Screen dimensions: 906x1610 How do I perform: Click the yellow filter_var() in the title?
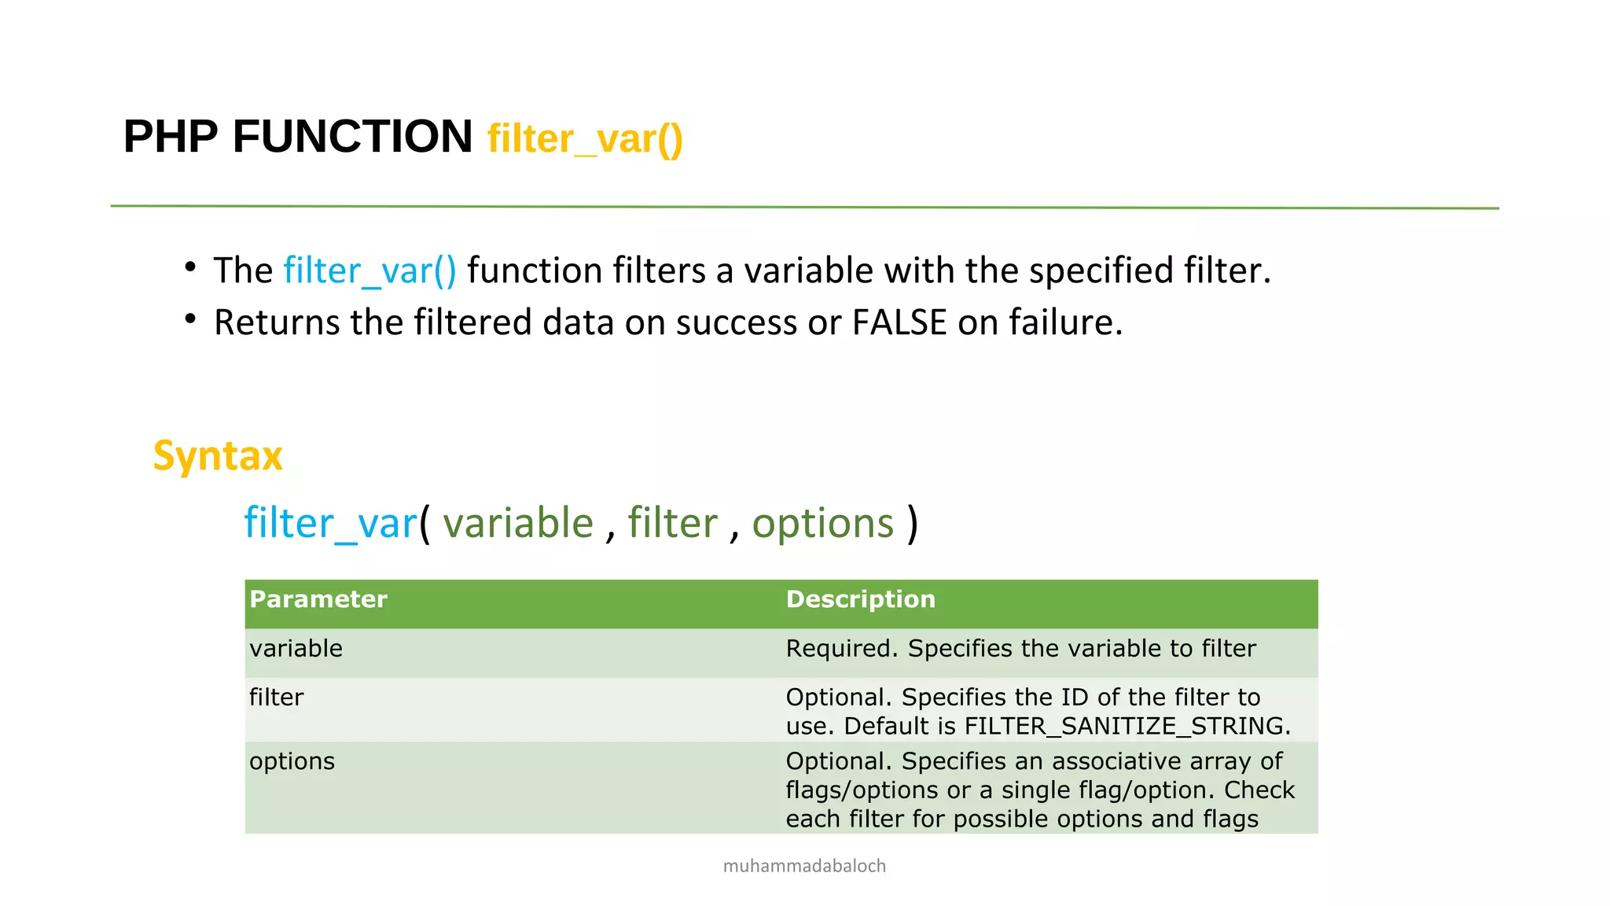(585, 139)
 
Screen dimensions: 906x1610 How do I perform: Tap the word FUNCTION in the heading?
(352, 137)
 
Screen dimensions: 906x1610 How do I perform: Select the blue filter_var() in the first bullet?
(369, 271)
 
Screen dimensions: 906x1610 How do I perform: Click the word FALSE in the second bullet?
(899, 322)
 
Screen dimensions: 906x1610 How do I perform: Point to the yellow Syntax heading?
(218, 456)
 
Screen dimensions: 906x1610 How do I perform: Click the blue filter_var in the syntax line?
(330, 524)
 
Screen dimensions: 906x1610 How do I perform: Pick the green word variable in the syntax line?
(518, 524)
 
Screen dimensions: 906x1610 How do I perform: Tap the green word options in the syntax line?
(823, 524)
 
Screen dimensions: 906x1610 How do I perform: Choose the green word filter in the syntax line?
(672, 524)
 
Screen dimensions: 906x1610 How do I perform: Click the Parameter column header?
(318, 599)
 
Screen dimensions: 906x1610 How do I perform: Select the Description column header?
(861, 599)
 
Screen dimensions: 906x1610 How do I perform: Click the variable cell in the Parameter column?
(296, 649)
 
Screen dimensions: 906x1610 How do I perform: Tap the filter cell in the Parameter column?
(276, 698)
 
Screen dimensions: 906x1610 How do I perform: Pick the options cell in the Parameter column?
(292, 761)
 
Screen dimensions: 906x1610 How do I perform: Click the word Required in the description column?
(840, 649)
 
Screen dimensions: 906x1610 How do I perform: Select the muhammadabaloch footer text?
(804, 866)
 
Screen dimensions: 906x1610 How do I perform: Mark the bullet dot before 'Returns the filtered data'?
(190, 319)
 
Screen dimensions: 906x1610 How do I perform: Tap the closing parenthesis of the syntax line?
(912, 524)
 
